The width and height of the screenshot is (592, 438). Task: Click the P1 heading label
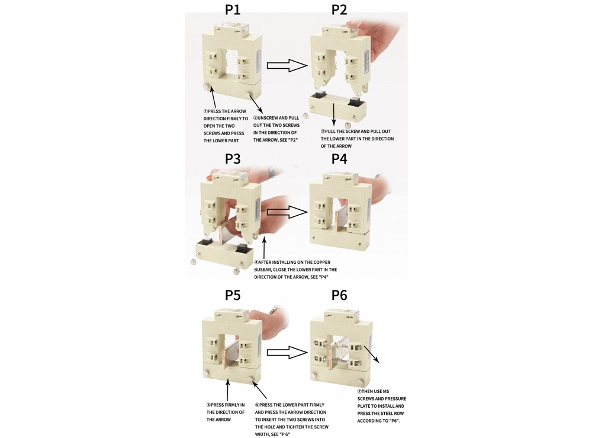233,10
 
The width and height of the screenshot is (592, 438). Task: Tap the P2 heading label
339,10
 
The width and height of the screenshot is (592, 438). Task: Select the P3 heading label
233,159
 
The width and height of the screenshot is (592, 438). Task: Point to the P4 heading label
339,159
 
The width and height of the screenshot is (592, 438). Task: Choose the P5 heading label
233,295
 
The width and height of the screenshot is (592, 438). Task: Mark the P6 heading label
339,295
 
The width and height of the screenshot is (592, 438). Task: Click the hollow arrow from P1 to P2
286,65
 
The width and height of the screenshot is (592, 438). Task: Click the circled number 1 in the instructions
205,111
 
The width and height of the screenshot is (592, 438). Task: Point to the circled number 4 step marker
256,263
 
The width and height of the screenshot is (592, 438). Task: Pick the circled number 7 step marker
359,392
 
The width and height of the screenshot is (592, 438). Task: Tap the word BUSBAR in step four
265,270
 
